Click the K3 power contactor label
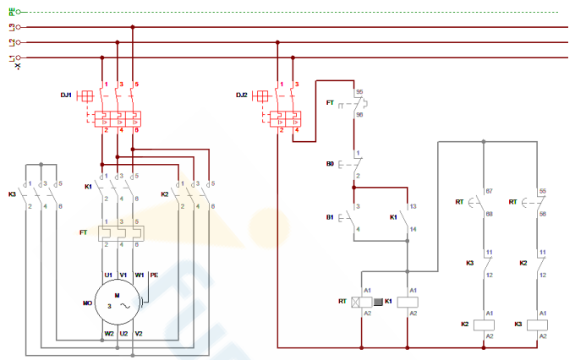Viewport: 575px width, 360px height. pos(12,194)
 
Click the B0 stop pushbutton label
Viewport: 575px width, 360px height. pos(331,164)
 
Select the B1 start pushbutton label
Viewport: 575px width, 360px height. pos(331,217)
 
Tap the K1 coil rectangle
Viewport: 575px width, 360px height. pos(408,301)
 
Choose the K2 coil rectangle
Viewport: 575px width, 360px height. pos(486,324)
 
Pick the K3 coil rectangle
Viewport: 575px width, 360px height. pos(540,324)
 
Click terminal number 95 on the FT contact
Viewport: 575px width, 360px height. pos(359,91)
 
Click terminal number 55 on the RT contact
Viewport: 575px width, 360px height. pos(544,193)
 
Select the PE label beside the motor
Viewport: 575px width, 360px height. pos(154,275)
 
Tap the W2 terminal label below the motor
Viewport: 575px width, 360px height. pos(109,334)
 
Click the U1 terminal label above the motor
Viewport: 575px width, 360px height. pos(108,275)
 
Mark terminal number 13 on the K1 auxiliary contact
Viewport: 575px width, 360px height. pos(412,206)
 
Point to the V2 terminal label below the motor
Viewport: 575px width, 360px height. pos(138,334)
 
